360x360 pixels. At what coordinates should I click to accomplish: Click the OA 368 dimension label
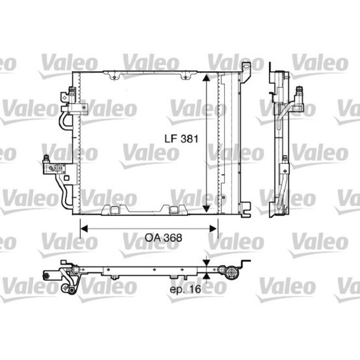tap(163, 236)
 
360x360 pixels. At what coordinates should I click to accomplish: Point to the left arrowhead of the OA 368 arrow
tap(84, 227)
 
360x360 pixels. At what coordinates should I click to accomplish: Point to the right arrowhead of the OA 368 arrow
tap(214, 227)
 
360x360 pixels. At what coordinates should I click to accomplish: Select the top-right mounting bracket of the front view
tap(246, 68)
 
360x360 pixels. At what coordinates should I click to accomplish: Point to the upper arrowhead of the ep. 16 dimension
tap(207, 264)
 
